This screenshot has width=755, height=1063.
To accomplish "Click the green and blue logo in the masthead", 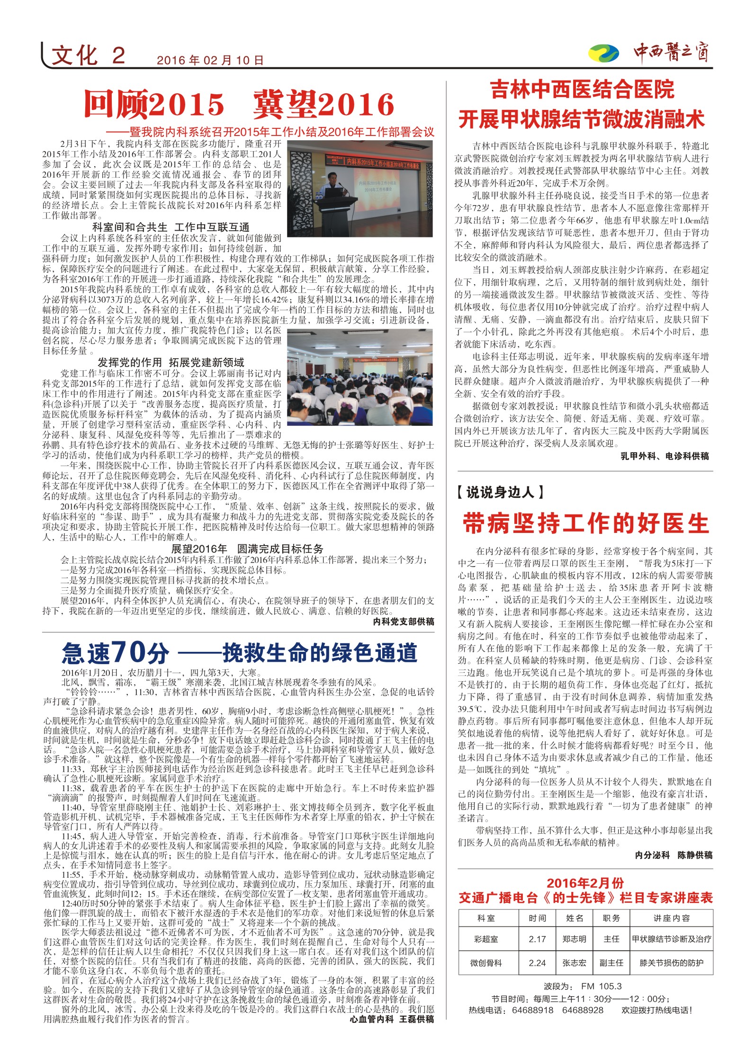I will coord(603,54).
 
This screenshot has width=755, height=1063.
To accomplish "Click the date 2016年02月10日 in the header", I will coord(210,61).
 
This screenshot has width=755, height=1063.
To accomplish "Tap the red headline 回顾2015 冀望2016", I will coord(239,105).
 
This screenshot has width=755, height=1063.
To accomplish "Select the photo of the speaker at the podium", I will coord(360,189).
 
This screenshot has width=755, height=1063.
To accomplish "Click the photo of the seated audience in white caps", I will coord(360,377).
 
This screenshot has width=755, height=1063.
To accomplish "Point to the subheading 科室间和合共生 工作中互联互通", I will coord(171,227).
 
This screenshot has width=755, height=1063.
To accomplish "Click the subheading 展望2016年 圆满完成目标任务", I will coord(247,549).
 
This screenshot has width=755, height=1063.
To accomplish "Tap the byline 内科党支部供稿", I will coord(404,622).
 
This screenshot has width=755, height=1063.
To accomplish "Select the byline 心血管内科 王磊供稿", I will coord(392,1018).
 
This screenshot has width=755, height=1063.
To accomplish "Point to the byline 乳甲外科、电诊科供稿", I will coord(665,456).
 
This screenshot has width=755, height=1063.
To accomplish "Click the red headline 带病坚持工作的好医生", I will coord(585,523).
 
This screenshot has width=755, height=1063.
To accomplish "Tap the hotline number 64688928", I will coord(583,1010).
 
